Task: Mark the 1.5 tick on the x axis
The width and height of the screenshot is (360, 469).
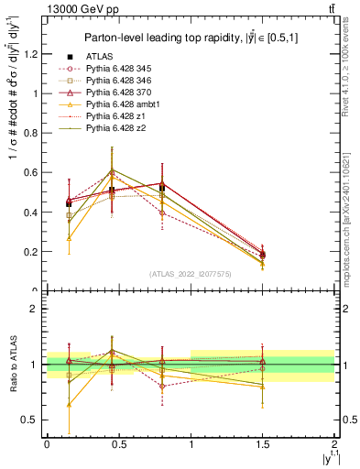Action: click(x=264, y=444)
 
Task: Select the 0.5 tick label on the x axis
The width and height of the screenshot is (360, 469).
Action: click(x=119, y=444)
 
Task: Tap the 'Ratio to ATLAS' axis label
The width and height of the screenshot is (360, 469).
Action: click(x=12, y=365)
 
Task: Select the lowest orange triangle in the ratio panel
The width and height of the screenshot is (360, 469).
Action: click(x=70, y=403)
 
